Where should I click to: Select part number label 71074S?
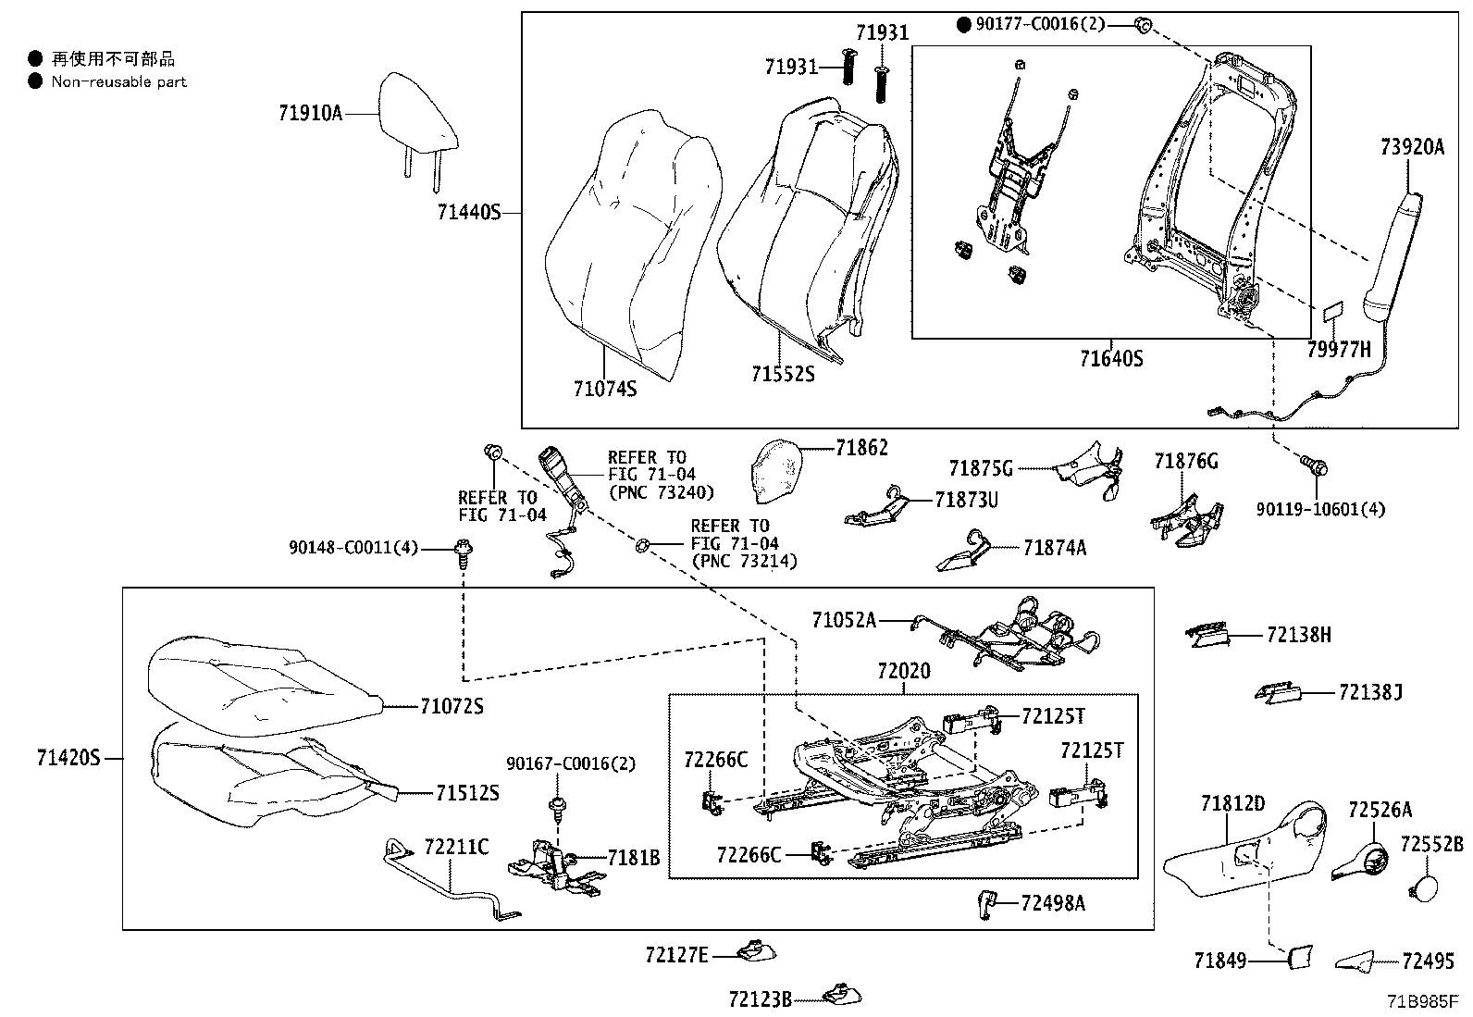click(x=604, y=389)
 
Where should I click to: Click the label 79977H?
click(x=1338, y=350)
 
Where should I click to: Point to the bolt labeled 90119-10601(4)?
click(x=1313, y=465)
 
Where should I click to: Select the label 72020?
click(x=903, y=671)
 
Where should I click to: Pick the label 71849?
click(x=1219, y=961)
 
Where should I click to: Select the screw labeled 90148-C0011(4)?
click(x=462, y=552)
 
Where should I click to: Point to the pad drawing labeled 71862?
click(x=776, y=470)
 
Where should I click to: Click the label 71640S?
click(x=1111, y=358)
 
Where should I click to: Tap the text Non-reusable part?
click(x=118, y=81)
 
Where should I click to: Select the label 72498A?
click(x=1053, y=902)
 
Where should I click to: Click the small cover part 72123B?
click(x=841, y=995)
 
